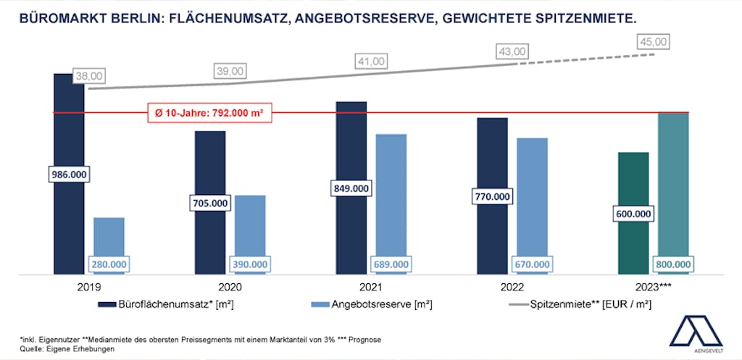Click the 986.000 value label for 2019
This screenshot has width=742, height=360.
click(69, 175)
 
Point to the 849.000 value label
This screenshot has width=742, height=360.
click(350, 188)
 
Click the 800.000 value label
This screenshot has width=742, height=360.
click(673, 264)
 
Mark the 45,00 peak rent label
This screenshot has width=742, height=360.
click(654, 42)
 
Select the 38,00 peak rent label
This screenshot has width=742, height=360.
click(89, 75)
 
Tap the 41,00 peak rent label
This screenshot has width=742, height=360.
click(371, 61)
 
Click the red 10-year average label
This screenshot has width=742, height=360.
click(209, 113)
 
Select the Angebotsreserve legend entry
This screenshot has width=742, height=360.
click(370, 304)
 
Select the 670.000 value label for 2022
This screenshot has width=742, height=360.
click(532, 264)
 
